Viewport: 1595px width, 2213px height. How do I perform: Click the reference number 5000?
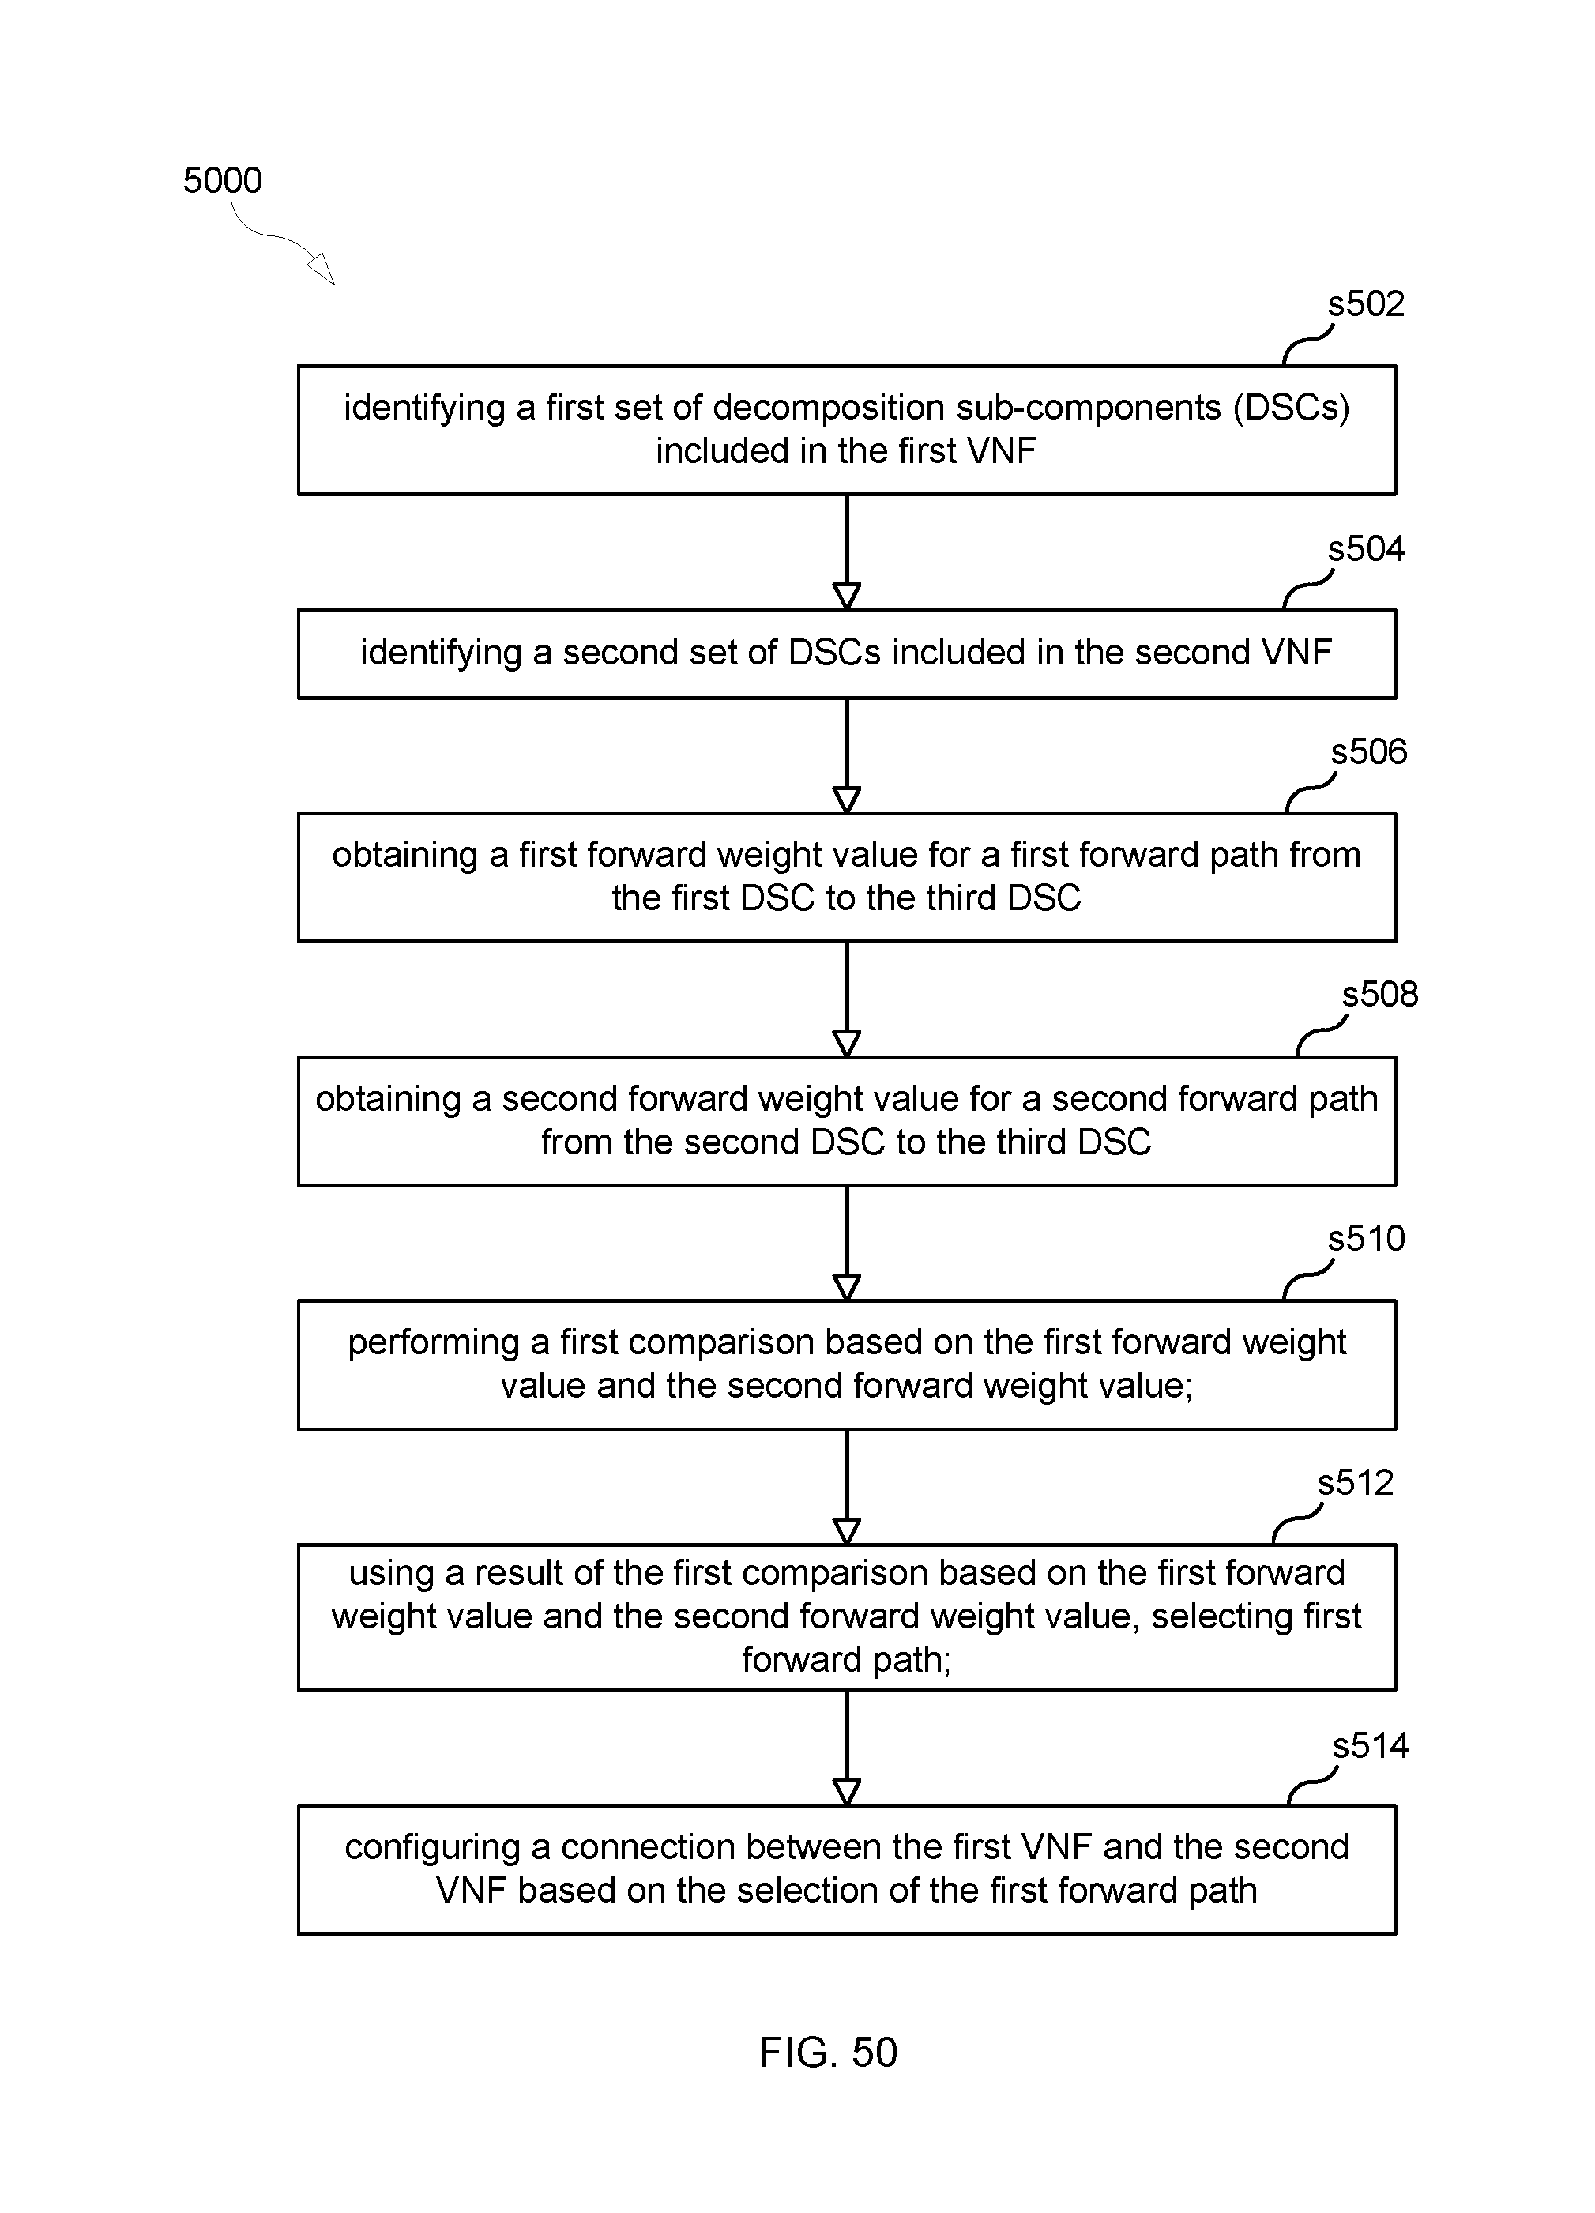pyautogui.click(x=223, y=180)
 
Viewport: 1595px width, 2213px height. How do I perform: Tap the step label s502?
pyautogui.click(x=1366, y=304)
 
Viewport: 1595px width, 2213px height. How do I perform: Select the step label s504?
pyautogui.click(x=1366, y=548)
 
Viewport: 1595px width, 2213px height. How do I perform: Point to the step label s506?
pyautogui.click(x=1370, y=751)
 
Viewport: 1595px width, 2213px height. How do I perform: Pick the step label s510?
pyautogui.click(x=1366, y=1238)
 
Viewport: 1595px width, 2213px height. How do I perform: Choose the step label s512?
pyautogui.click(x=1356, y=1482)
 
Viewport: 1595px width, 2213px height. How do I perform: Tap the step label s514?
pyautogui.click(x=1371, y=1744)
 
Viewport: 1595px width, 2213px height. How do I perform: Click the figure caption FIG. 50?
pyautogui.click(x=828, y=2053)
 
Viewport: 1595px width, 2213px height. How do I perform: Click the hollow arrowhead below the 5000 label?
pyautogui.click(x=322, y=269)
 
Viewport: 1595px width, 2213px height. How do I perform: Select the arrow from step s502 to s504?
pyautogui.click(x=847, y=552)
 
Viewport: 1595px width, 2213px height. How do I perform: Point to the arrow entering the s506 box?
pyautogui.click(x=847, y=756)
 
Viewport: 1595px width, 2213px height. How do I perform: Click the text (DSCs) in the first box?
pyautogui.click(x=1292, y=408)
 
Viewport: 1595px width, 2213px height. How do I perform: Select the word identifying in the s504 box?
pyautogui.click(x=441, y=653)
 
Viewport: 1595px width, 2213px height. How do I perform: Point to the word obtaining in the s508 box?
pyautogui.click(x=388, y=1099)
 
